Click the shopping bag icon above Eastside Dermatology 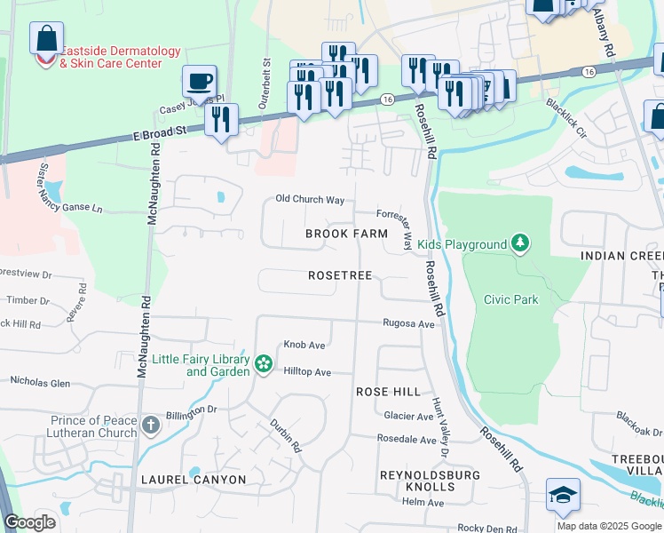click(x=46, y=39)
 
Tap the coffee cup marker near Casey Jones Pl click(x=199, y=82)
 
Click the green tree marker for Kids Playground click(x=520, y=243)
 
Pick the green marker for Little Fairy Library click(x=263, y=363)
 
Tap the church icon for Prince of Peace click(x=151, y=425)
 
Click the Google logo click(x=30, y=522)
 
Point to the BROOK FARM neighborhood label click(x=346, y=234)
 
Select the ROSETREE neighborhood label click(x=340, y=276)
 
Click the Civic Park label click(x=510, y=299)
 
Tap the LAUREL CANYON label click(x=194, y=480)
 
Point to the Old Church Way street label click(x=310, y=200)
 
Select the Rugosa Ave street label click(x=408, y=324)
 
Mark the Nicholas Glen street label click(x=40, y=382)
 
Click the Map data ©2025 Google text click(x=608, y=526)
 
